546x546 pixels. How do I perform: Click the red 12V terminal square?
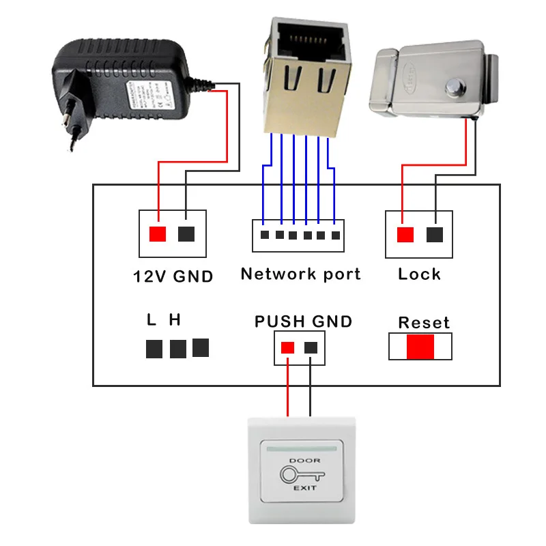point(158,233)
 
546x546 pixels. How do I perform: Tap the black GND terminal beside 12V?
point(186,233)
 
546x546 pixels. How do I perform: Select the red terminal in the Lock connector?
point(405,234)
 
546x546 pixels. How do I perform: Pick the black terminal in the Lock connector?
point(434,234)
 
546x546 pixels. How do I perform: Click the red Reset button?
point(420,346)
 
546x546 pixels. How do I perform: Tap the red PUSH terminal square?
point(287,347)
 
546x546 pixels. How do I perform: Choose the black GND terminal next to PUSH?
point(311,347)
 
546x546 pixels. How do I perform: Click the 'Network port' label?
point(300,274)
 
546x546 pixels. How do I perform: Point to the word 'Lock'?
point(419,274)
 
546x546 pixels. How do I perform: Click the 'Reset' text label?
point(424,322)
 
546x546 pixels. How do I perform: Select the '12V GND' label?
point(173,276)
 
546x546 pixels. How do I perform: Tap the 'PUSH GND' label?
point(303,321)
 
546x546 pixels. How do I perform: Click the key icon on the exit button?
point(300,475)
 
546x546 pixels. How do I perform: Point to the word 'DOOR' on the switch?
point(300,461)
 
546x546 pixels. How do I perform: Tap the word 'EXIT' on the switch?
point(300,489)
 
